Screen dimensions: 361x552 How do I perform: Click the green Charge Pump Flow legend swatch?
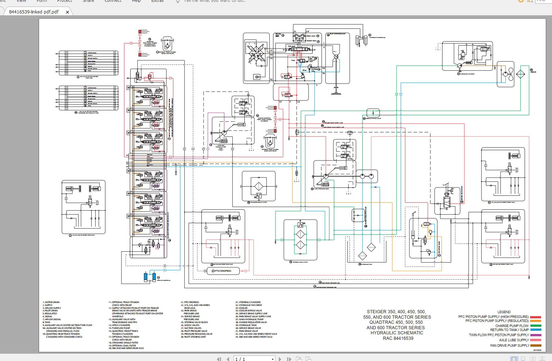point(536,326)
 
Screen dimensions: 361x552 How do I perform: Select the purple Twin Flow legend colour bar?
point(536,335)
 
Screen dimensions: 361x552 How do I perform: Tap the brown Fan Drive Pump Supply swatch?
point(536,345)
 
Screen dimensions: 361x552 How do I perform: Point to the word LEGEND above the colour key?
point(504,312)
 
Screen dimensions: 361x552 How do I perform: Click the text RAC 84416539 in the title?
point(398,338)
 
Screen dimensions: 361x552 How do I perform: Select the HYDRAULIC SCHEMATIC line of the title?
point(397,333)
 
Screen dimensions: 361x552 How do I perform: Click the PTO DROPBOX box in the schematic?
point(223,271)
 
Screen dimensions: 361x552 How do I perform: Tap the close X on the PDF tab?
point(67,12)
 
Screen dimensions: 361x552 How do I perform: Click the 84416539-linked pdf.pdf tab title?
point(34,12)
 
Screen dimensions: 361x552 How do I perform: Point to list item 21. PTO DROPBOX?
point(190,302)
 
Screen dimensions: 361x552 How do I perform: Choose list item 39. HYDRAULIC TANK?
point(246,325)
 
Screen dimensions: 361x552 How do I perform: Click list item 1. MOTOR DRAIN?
point(51,302)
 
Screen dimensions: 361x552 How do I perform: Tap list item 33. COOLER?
point(241,308)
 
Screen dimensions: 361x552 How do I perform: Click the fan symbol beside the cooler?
point(510,74)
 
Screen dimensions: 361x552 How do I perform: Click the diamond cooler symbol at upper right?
point(520,74)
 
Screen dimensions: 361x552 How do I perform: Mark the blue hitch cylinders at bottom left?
point(150,277)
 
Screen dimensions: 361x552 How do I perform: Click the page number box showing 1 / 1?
point(254,359)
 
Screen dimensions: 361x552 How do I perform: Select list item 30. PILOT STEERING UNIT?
point(195,337)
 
